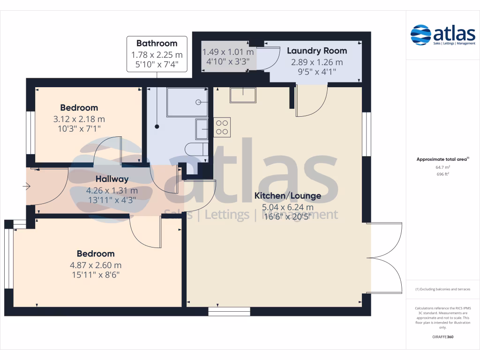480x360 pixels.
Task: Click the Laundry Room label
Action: click(x=317, y=51)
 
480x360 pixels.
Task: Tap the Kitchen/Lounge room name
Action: click(x=287, y=196)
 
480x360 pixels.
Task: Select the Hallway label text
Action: click(x=112, y=179)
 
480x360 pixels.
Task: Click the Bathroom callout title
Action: click(x=157, y=44)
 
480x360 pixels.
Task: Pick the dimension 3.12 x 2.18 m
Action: click(x=79, y=119)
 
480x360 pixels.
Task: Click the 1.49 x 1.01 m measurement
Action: click(x=228, y=52)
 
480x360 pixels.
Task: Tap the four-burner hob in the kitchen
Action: click(x=222, y=127)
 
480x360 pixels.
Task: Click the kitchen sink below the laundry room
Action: click(x=243, y=95)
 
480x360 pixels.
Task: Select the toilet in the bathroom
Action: click(x=196, y=150)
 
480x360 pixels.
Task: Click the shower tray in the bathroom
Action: click(x=187, y=102)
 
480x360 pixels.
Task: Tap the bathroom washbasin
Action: click(x=202, y=129)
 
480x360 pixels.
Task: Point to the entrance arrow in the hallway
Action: click(x=26, y=187)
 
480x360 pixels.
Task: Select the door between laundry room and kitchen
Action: click(x=311, y=101)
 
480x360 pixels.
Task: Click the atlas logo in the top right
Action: click(x=442, y=35)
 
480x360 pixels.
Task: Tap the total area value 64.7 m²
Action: click(x=442, y=167)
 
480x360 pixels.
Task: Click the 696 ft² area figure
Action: click(x=442, y=174)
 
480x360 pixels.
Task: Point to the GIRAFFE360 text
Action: click(x=442, y=337)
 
